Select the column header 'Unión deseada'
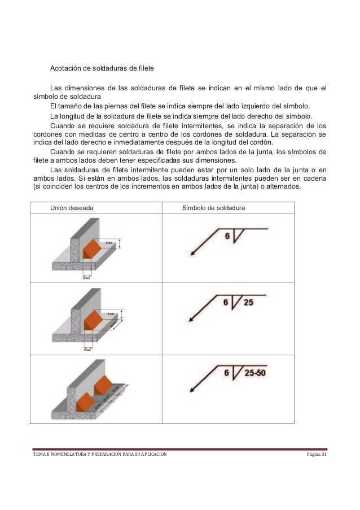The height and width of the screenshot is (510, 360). tap(72, 208)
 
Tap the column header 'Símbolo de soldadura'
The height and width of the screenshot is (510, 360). tap(213, 208)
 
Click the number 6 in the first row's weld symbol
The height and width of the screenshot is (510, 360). tap(227, 236)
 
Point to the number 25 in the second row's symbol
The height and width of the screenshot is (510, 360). tap(248, 302)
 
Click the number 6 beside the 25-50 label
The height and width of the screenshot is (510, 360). tap(227, 373)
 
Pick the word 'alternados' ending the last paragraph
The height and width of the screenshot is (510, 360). tap(284, 188)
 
